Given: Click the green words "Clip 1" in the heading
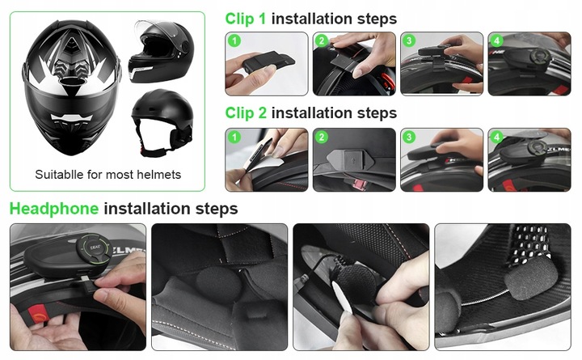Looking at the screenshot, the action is point(246,19).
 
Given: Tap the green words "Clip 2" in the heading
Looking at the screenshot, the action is point(246,113).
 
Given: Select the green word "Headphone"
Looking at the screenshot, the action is point(54,209).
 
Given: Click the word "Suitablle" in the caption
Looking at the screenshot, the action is point(59,175).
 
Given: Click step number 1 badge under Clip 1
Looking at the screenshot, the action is point(234,40).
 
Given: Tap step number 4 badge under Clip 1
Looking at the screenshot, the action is point(497,40).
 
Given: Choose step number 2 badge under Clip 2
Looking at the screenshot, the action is point(322,137).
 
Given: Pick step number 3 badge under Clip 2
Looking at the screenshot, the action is point(409,137).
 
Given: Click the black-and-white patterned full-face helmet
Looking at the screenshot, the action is point(71,87).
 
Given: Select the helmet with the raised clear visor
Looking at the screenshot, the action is point(160,52).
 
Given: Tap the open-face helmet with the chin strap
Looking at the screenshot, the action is point(162,121).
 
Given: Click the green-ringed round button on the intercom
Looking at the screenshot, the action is point(94,248).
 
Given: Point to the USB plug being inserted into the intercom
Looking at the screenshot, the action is point(87,285).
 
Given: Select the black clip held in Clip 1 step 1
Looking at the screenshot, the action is point(268,61).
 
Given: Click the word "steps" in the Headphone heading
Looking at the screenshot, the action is point(217,210).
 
